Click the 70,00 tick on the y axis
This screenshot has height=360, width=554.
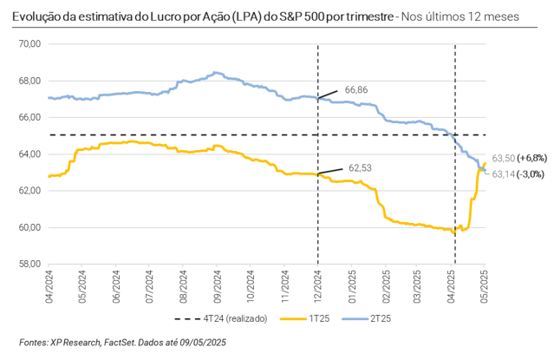(x=29, y=44)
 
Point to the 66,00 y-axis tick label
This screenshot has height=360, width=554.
(x=29, y=117)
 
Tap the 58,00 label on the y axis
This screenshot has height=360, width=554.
(x=29, y=264)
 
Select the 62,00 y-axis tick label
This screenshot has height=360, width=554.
(x=29, y=191)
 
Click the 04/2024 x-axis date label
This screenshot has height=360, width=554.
(x=49, y=283)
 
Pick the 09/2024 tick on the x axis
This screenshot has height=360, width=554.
(x=215, y=283)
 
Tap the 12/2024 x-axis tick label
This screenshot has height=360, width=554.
(x=317, y=283)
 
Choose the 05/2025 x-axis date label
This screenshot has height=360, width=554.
(x=485, y=283)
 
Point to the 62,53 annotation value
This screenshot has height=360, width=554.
(x=360, y=167)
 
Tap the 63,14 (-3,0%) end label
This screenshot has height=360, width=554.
(x=518, y=173)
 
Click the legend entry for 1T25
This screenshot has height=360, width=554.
(x=317, y=318)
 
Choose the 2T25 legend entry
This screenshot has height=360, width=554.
(x=381, y=318)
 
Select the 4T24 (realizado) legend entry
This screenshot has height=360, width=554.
(x=235, y=318)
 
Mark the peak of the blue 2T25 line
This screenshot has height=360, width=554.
(x=213, y=73)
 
